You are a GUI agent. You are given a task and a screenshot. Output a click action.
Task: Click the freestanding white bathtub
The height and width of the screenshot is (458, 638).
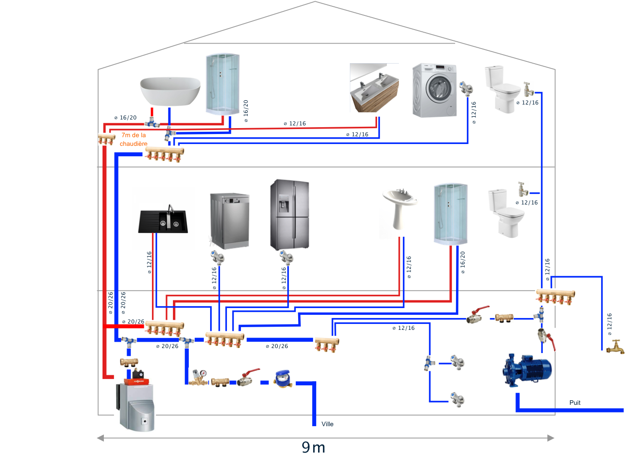[x=170, y=91]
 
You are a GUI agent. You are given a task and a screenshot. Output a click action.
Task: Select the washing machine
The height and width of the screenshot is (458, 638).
[x=434, y=90]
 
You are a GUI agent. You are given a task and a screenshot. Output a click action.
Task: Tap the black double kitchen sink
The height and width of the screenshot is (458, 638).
[x=163, y=221]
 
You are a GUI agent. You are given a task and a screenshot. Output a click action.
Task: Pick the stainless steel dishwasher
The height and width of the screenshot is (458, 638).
[x=230, y=221]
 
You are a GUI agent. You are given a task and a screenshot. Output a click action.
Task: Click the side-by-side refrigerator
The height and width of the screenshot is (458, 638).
[x=290, y=214]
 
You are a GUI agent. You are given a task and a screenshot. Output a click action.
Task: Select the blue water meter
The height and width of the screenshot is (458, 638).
[x=283, y=379]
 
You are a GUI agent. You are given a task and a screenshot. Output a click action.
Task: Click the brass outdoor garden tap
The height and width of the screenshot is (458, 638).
[x=616, y=348]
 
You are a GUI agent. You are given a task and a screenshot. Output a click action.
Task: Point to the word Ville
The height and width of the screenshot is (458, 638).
[x=327, y=424]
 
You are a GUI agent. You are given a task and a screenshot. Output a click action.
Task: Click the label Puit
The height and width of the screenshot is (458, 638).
[x=574, y=403]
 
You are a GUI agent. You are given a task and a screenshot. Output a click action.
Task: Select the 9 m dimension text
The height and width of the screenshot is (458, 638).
[x=314, y=447]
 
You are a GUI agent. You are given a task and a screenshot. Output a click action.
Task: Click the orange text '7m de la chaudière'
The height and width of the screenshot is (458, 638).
[x=133, y=139]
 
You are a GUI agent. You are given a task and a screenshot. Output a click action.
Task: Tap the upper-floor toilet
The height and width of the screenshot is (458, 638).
[x=501, y=88]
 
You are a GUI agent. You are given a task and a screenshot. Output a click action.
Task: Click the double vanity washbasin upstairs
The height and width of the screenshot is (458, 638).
[x=374, y=88]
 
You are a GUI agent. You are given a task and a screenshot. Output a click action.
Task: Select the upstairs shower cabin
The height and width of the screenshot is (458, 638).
[x=222, y=84]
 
